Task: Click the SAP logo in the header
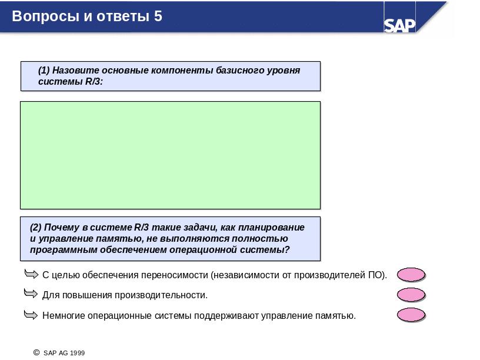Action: [399, 25]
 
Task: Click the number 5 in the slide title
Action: [158, 16]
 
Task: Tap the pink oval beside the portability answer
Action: [411, 275]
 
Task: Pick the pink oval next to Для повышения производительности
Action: [411, 295]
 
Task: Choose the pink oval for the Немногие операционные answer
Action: [411, 315]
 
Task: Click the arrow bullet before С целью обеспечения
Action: [31, 274]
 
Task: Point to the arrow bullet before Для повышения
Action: [31, 294]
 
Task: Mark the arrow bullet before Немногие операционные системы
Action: [31, 314]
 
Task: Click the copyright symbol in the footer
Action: [36, 352]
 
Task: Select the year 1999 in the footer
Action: [77, 353]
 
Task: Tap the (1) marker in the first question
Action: [44, 70]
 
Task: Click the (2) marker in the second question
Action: [35, 227]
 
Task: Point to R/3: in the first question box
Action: [94, 81]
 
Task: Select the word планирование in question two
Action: [271, 228]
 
